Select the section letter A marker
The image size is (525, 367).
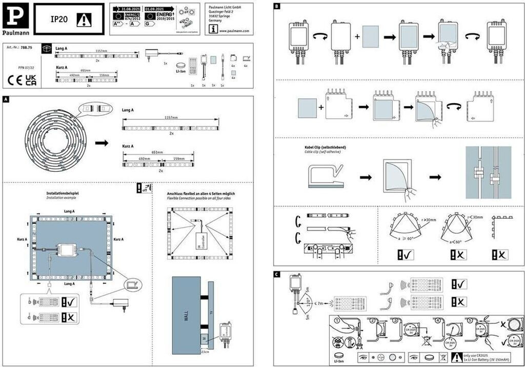(x=6, y=99)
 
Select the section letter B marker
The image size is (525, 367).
(x=277, y=7)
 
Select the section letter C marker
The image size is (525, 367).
(x=277, y=274)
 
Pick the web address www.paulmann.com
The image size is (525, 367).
(x=234, y=30)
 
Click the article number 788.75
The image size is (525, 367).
(x=27, y=47)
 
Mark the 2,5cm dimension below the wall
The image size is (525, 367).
(x=206, y=353)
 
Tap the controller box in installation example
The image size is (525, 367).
(x=67, y=250)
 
